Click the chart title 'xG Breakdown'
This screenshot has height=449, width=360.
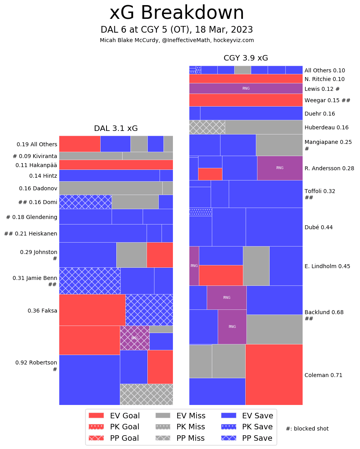(176, 13)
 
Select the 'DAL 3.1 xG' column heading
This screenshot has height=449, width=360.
(116, 129)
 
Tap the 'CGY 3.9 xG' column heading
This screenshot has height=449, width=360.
(246, 58)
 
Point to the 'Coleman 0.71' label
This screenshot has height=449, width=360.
(323, 375)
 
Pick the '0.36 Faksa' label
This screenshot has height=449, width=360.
(42, 311)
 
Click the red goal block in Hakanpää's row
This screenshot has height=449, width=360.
(116, 165)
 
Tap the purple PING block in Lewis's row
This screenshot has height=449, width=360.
(246, 88)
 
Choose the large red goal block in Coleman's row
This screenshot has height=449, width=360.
(274, 374)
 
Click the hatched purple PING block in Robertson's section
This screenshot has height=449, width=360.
(134, 338)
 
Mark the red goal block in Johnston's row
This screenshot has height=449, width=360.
(160, 255)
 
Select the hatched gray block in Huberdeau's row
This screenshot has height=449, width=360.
(207, 127)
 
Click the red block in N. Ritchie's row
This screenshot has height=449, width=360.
(246, 79)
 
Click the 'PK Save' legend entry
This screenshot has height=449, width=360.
(247, 427)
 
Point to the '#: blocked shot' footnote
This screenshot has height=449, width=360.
(307, 429)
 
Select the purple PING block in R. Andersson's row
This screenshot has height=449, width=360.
(280, 168)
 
